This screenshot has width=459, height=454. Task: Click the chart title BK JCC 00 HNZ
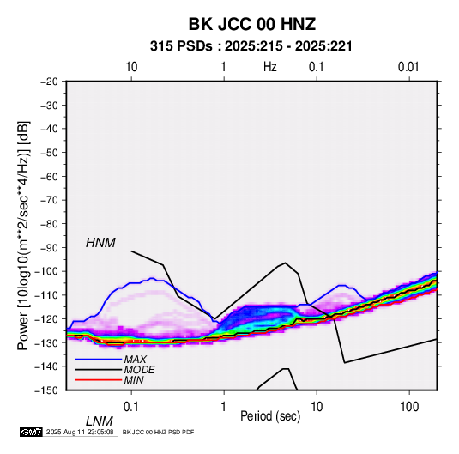(x=252, y=24)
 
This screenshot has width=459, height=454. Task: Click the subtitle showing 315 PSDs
(x=251, y=46)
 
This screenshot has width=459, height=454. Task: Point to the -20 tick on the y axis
(x=49, y=82)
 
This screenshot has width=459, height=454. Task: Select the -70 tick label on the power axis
(x=49, y=200)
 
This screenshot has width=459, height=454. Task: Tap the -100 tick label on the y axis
(x=46, y=271)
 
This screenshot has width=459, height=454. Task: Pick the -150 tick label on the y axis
(x=46, y=390)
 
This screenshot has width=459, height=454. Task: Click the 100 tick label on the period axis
(x=409, y=407)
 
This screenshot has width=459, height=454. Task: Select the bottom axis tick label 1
(x=224, y=407)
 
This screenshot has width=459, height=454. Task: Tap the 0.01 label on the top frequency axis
(x=408, y=67)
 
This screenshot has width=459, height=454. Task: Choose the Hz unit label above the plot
(x=270, y=67)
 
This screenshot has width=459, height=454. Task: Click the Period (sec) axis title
(x=270, y=416)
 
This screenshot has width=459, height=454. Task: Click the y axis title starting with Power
(x=23, y=236)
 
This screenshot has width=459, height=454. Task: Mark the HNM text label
(x=100, y=243)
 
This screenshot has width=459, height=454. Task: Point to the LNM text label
(x=100, y=421)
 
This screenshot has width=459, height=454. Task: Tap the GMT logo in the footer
(x=31, y=432)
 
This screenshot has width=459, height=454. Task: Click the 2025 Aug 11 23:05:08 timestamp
(x=80, y=432)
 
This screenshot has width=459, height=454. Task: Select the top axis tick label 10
(x=131, y=67)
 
